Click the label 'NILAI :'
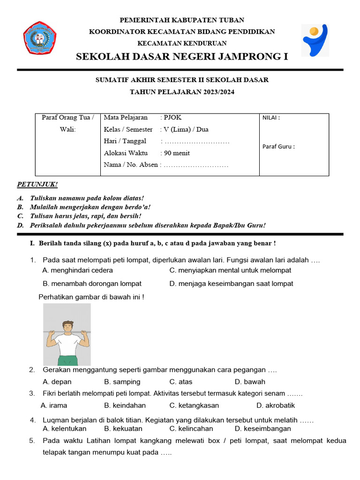tap(271, 118)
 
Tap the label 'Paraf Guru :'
tap(278, 146)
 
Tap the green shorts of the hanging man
tap(68, 360)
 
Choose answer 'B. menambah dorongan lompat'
tap(92, 284)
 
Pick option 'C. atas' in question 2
tap(181, 382)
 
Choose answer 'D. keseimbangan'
tap(262, 428)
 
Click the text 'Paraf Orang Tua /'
tap(68, 118)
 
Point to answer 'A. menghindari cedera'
tap(77, 270)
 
